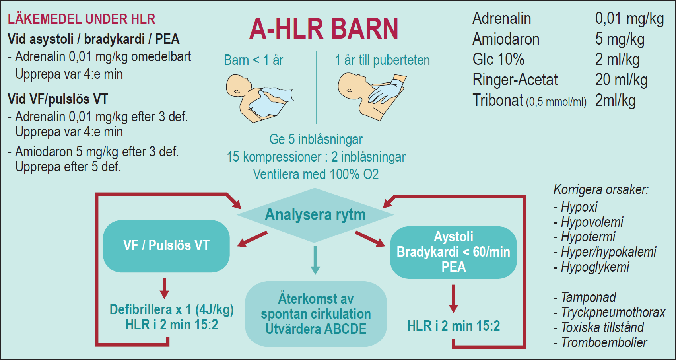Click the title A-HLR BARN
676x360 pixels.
click(324, 29)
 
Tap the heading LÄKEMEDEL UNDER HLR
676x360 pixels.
click(82, 19)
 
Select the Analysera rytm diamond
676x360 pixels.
click(315, 215)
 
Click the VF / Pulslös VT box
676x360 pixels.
click(166, 246)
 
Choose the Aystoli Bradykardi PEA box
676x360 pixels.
click(453, 252)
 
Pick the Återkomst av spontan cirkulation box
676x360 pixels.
click(316, 314)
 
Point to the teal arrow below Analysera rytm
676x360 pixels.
click(315, 260)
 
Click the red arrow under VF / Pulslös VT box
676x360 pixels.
click(164, 288)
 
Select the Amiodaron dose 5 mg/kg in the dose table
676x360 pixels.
click(620, 39)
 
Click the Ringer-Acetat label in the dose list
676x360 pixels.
click(515, 80)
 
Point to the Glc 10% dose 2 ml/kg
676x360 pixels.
click(617, 60)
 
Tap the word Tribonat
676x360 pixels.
click(497, 100)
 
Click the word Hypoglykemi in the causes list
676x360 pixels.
click(595, 267)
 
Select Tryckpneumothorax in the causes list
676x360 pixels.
click(613, 313)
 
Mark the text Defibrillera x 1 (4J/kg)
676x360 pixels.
click(172, 310)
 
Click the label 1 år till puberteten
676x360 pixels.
click(383, 60)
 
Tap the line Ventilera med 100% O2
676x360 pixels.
click(316, 175)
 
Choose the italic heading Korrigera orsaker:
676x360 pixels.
click(601, 190)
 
